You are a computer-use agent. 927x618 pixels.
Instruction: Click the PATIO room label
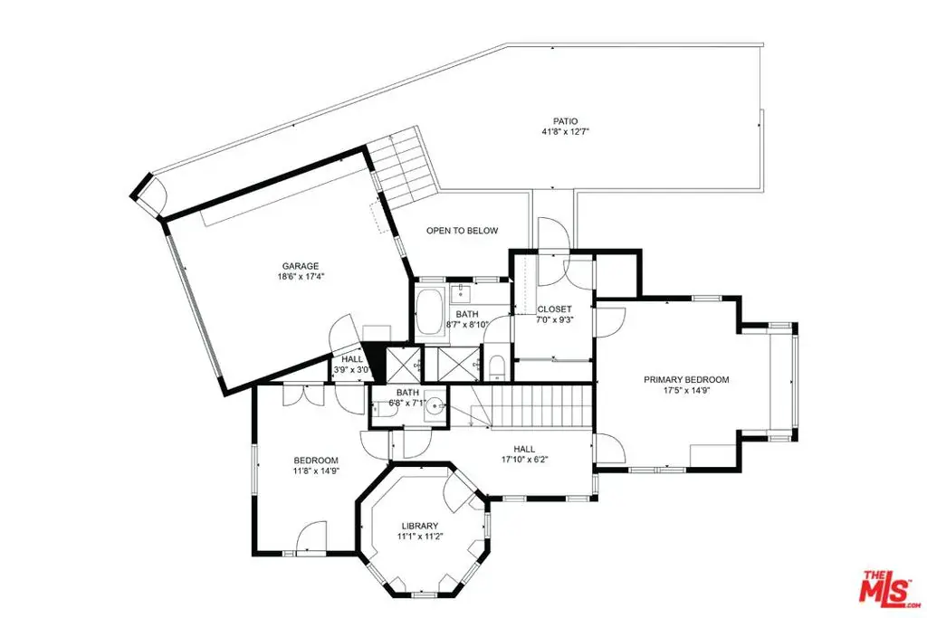pyautogui.click(x=565, y=121)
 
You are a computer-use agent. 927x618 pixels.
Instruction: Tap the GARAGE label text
pyautogui.click(x=301, y=266)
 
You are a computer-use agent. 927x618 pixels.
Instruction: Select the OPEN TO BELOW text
pyautogui.click(x=463, y=231)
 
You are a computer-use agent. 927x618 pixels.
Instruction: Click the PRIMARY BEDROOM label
pyautogui.click(x=686, y=379)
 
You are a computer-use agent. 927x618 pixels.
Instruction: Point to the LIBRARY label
pyautogui.click(x=420, y=526)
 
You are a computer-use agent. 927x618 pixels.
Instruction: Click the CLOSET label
pyautogui.click(x=555, y=309)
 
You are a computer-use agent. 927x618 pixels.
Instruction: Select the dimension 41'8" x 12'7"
pyautogui.click(x=566, y=132)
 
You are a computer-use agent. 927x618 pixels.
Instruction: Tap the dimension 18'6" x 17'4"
pyautogui.click(x=301, y=276)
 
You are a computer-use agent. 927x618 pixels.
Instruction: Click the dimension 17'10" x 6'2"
pyautogui.click(x=524, y=459)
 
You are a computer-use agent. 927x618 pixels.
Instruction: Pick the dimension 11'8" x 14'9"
pyautogui.click(x=316, y=471)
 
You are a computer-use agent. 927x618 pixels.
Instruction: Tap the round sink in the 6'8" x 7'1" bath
pyautogui.click(x=436, y=406)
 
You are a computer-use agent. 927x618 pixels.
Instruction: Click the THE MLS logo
pyautogui.click(x=889, y=587)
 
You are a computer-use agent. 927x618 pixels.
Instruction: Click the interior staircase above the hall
pyautogui.click(x=541, y=405)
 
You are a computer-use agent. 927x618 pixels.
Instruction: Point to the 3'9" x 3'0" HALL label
pyautogui.click(x=352, y=359)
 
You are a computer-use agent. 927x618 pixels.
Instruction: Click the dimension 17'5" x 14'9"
pyautogui.click(x=686, y=390)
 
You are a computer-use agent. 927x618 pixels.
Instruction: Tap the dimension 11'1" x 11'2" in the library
pyautogui.click(x=420, y=537)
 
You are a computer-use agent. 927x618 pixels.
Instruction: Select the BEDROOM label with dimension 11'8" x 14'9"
pyautogui.click(x=316, y=461)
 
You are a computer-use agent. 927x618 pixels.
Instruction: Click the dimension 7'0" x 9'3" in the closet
pyautogui.click(x=555, y=319)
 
